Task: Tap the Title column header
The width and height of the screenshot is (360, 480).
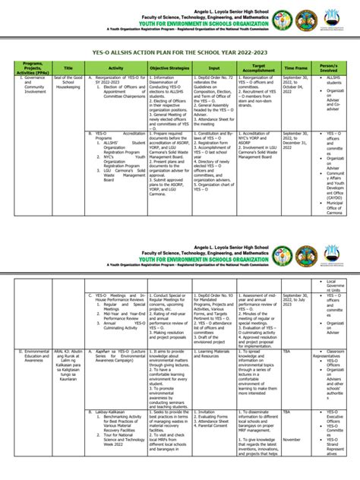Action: (68, 68)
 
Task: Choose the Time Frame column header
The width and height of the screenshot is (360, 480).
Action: (295, 68)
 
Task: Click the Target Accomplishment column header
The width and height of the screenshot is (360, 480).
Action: (258, 68)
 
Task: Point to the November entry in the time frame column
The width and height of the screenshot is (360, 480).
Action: (292, 439)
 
